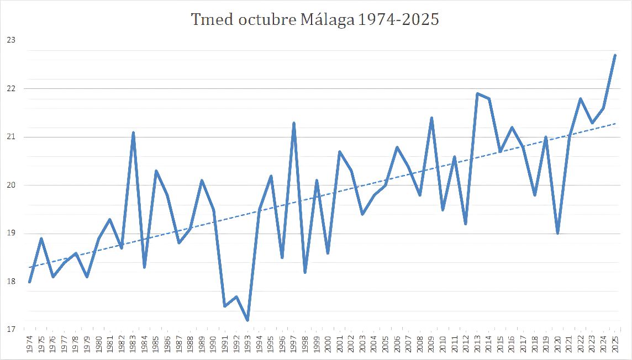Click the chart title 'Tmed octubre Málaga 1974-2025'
pos(315,19)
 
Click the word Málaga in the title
pos(327,19)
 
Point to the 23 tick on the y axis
pos(11,40)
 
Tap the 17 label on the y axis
pos(11,330)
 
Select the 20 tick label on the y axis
pos(11,185)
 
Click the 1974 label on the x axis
pos(29,345)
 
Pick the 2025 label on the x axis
pos(615,345)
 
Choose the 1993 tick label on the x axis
pos(247,345)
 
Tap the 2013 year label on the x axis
pos(477,345)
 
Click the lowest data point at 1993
pos(247,321)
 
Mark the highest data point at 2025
pos(615,55)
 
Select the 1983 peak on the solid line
pos(133,132)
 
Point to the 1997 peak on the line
pos(294,123)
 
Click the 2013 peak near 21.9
pos(477,93)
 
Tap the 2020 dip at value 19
pos(558,234)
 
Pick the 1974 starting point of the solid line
pos(29,282)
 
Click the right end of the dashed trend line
pos(615,123)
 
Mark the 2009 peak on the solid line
pos(431,118)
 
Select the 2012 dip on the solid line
pos(466,224)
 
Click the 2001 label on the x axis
pos(339,345)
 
